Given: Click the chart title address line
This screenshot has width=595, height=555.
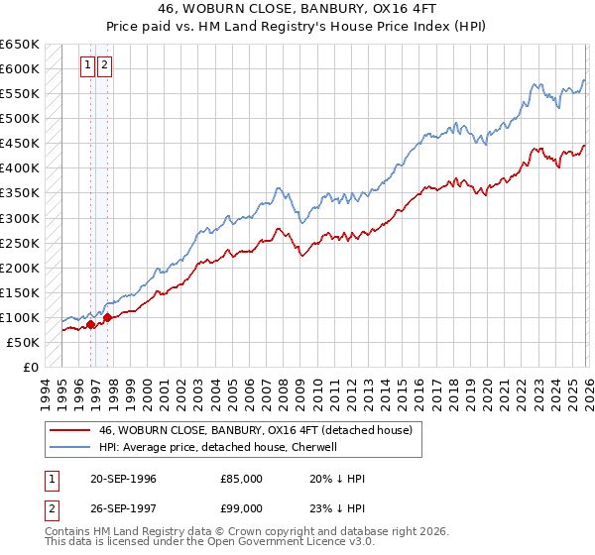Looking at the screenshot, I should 297,9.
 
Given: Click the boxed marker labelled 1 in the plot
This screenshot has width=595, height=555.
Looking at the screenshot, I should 87,66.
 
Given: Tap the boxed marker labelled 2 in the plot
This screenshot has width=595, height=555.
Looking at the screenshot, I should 104,66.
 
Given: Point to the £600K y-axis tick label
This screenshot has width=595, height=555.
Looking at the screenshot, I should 19,69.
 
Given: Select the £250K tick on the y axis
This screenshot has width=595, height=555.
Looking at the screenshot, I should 19,243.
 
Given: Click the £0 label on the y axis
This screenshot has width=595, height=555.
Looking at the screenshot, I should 31,367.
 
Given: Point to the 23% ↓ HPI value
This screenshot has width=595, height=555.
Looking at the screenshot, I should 337,511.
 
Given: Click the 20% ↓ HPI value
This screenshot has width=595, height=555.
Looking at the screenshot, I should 337,479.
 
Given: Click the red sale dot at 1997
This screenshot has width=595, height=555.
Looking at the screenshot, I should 107,317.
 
